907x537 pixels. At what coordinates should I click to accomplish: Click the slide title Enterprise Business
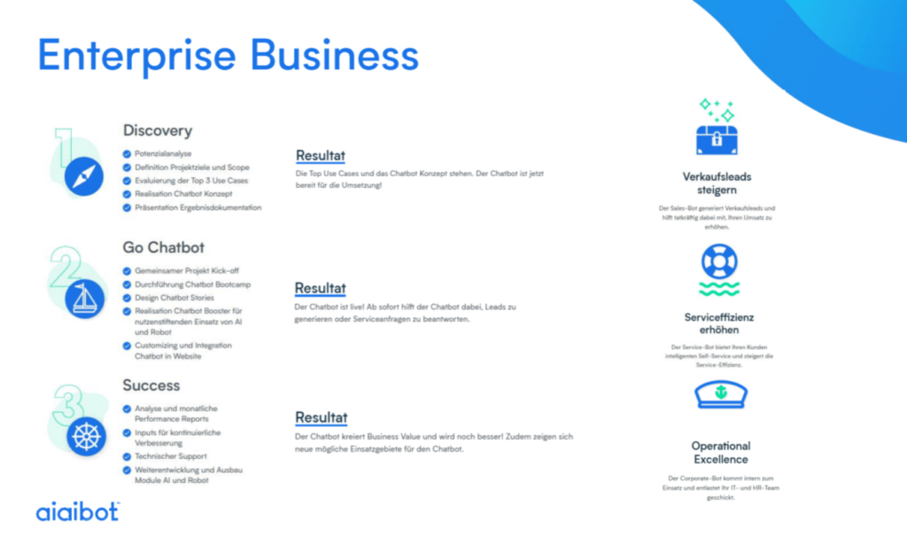[228, 55]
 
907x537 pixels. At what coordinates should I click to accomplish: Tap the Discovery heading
[157, 130]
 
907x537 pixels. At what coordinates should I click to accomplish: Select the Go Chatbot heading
[163, 246]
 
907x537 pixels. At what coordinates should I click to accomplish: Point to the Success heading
[151, 385]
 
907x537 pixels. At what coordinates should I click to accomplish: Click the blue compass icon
[83, 176]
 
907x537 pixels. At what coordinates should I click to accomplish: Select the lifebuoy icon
[718, 261]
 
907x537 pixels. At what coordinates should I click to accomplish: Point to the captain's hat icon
[718, 393]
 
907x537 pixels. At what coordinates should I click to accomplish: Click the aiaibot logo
[77, 511]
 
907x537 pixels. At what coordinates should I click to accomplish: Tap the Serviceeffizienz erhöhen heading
[718, 323]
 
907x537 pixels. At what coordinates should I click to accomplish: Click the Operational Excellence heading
[720, 452]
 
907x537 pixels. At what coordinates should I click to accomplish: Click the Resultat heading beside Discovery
[321, 156]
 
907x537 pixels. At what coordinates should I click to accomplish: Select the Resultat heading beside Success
[321, 417]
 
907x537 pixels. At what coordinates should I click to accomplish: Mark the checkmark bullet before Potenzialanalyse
[127, 153]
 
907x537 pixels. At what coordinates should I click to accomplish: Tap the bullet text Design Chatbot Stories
[174, 298]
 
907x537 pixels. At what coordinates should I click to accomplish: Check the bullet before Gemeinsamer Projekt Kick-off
[127, 270]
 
